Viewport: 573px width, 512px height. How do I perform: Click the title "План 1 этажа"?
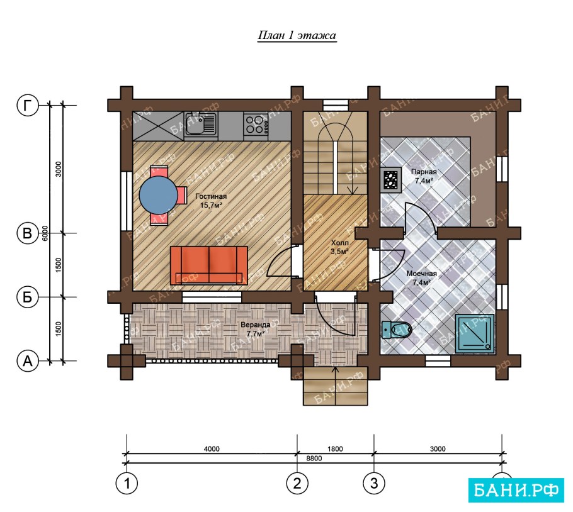coord(297,36)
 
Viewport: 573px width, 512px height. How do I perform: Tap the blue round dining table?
coord(159,195)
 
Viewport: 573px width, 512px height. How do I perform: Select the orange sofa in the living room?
coord(209,265)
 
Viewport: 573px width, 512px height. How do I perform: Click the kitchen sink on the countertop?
coord(200,123)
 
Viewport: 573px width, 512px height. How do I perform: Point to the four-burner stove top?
coord(256,124)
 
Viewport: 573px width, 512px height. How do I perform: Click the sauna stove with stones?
coord(390,180)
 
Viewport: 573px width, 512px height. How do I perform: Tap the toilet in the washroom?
coord(397,330)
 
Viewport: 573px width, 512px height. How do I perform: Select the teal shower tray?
coord(475,334)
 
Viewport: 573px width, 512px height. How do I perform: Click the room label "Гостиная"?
coord(211,196)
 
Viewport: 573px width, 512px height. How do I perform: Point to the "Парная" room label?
coord(424,172)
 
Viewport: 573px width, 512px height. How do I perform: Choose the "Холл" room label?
coord(339,243)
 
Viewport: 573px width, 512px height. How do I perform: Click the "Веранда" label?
coord(256,325)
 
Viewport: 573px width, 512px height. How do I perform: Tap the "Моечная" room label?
coord(422,274)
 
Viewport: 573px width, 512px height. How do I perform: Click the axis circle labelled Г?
coord(28,106)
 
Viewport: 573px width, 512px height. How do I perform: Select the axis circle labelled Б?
coord(28,297)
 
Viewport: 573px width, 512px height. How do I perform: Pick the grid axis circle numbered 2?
coord(297,483)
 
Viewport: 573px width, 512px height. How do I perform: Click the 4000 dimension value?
coord(212,449)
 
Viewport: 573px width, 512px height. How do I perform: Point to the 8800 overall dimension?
coord(314,459)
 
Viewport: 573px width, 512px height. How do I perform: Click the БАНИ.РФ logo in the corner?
coord(516,490)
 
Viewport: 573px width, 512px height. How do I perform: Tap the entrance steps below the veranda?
coord(336,386)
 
